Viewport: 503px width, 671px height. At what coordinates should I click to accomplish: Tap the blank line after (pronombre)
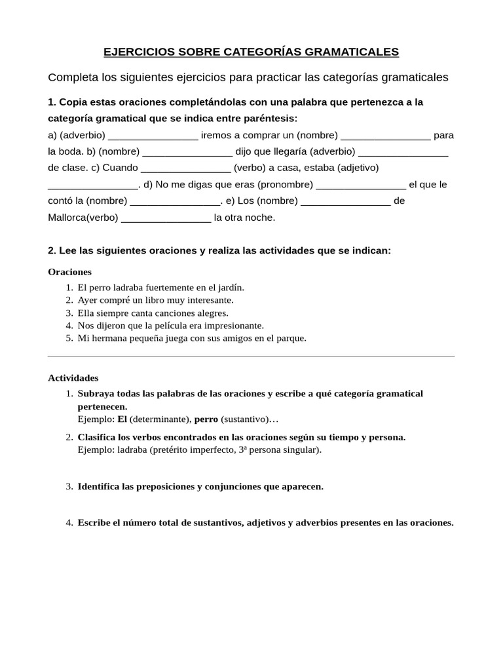point(361,185)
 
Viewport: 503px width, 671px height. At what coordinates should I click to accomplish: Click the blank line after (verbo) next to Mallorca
point(166,218)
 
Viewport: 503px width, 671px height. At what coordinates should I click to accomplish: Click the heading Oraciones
point(70,271)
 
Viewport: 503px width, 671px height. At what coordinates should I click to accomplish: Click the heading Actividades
point(73,377)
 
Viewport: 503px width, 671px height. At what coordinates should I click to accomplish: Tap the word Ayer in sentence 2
point(87,299)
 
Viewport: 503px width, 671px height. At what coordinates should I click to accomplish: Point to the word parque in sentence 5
point(291,338)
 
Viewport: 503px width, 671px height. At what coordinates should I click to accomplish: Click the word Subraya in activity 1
point(96,393)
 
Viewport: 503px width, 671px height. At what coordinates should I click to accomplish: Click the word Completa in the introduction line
point(73,77)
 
